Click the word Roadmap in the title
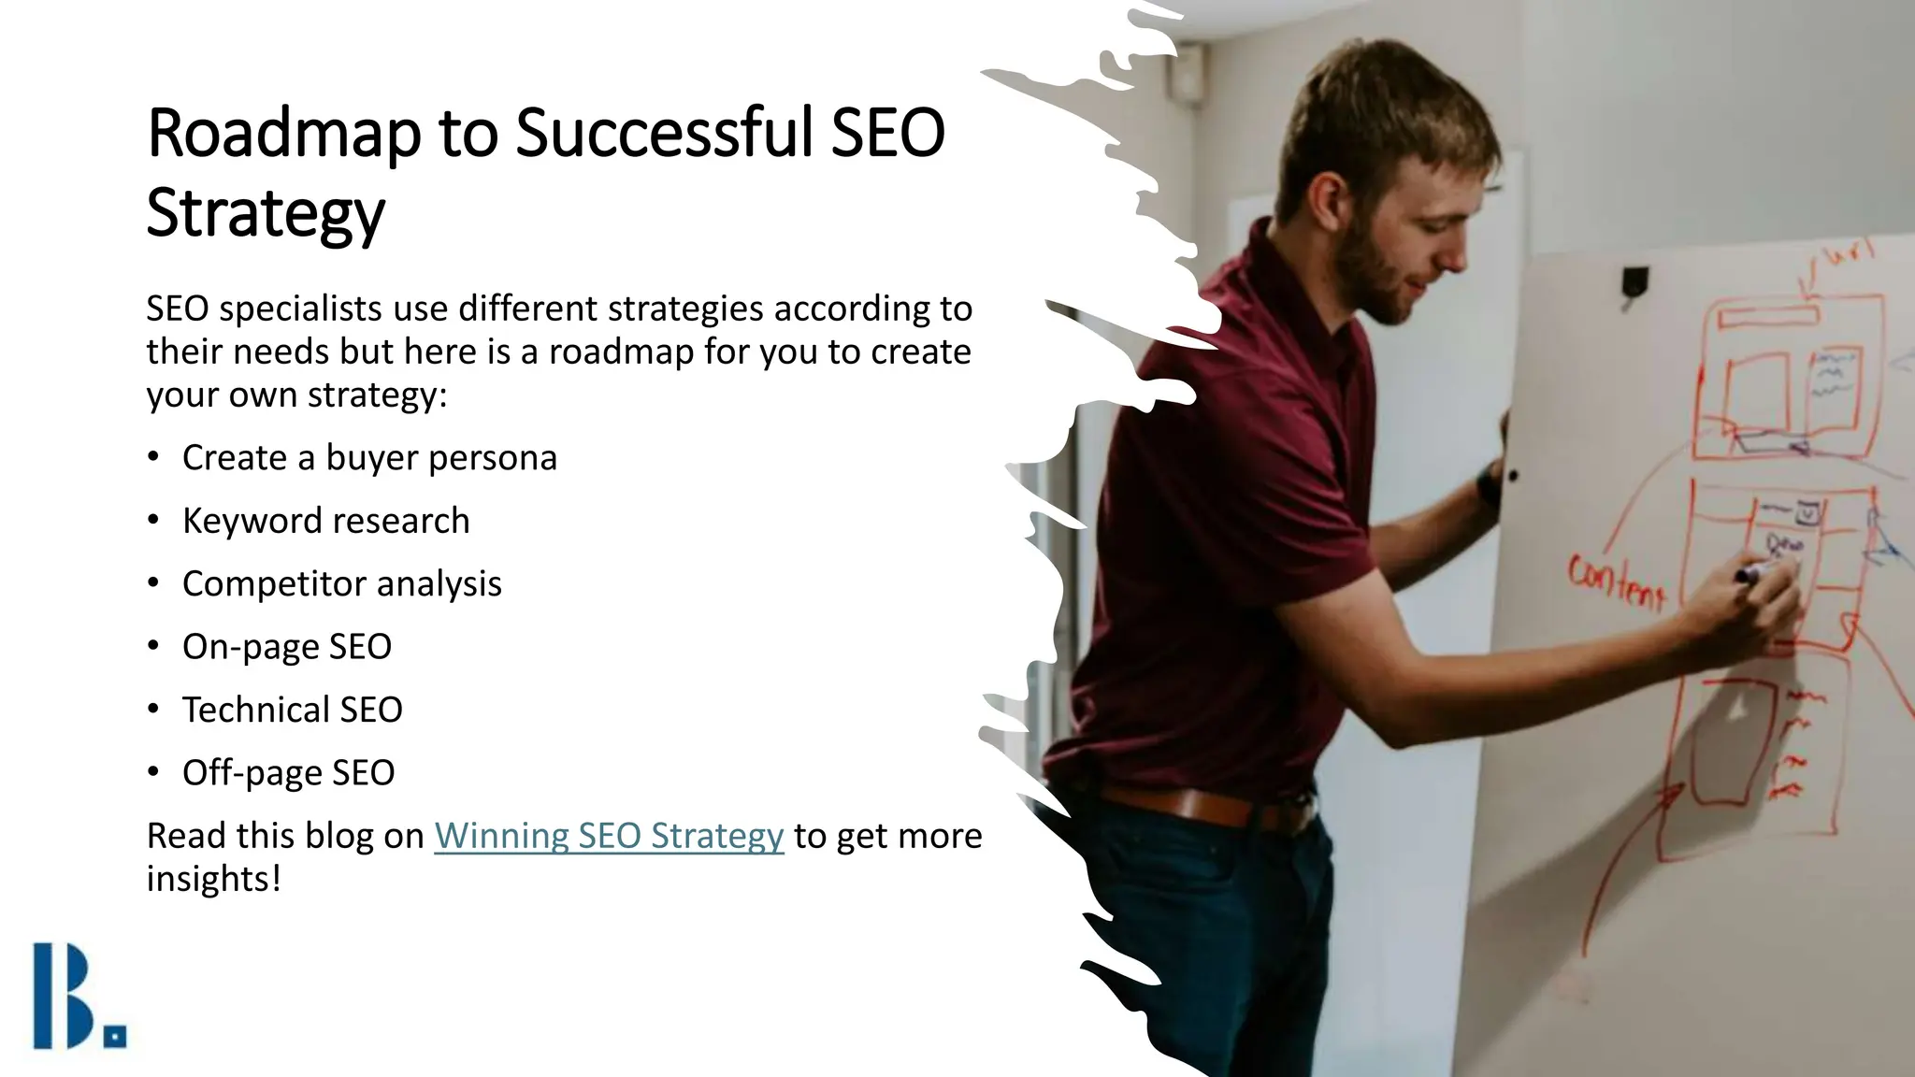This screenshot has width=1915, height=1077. click(284, 133)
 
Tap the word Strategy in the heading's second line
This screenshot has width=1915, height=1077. click(266, 213)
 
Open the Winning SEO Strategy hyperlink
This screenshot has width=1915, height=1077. click(609, 836)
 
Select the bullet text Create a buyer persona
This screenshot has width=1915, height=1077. click(369, 458)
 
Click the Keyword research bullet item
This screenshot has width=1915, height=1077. click(325, 521)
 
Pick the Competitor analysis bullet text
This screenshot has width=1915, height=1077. click(341, 583)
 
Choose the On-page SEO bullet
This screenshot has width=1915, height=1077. click(286, 647)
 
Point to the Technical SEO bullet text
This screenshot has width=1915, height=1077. click(292, 710)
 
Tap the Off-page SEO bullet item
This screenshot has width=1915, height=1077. click(288, 773)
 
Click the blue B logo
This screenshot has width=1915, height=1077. click(64, 995)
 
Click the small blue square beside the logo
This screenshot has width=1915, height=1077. click(116, 1036)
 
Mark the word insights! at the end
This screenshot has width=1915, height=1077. click(213, 879)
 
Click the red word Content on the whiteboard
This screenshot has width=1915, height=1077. click(1617, 582)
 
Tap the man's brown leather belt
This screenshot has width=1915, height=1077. click(1206, 806)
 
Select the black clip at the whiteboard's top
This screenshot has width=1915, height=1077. click(1634, 280)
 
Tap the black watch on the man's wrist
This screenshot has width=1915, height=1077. click(1490, 487)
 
